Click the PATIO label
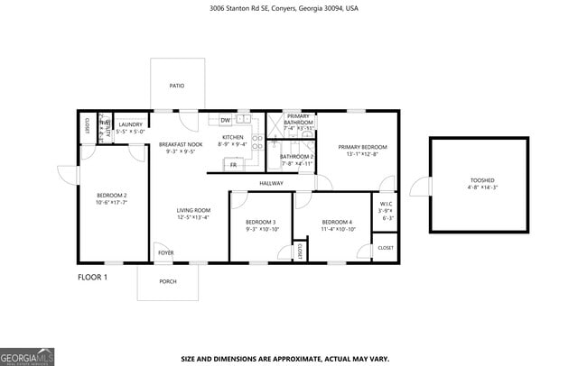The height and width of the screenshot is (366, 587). (x=177, y=86)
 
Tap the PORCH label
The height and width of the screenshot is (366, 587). (x=168, y=281)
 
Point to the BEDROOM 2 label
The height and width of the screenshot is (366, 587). (x=112, y=196)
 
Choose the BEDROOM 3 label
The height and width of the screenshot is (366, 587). (x=261, y=222)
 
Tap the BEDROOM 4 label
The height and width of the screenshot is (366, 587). (x=338, y=222)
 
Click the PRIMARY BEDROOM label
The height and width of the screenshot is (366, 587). (x=362, y=147)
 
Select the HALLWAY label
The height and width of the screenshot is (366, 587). (x=271, y=183)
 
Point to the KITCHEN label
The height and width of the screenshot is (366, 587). (x=233, y=137)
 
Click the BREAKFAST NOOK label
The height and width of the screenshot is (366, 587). (x=181, y=144)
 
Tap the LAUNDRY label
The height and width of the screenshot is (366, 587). (x=130, y=124)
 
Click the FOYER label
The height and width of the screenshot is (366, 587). (x=165, y=252)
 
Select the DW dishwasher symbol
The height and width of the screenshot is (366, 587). (x=224, y=120)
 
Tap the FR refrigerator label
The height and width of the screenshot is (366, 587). (x=233, y=165)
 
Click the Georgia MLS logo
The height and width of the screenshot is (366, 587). (x=27, y=355)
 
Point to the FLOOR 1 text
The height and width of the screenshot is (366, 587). (x=92, y=277)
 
